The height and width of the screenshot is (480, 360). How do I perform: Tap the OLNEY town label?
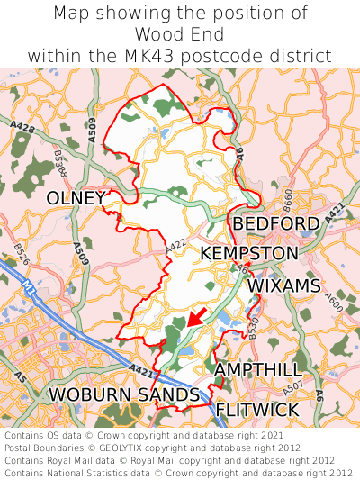point(76,197)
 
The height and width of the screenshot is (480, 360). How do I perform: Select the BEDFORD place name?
point(275,223)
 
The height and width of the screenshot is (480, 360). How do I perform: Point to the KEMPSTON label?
point(248,254)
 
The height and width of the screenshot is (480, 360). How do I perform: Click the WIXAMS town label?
point(283,285)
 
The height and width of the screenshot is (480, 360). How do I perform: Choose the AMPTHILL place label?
point(258,370)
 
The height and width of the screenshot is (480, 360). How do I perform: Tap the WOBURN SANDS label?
point(123,394)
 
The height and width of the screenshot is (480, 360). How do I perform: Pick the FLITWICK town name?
point(257,410)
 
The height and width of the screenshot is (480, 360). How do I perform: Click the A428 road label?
point(24,130)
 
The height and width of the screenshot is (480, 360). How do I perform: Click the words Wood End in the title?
point(179,34)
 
